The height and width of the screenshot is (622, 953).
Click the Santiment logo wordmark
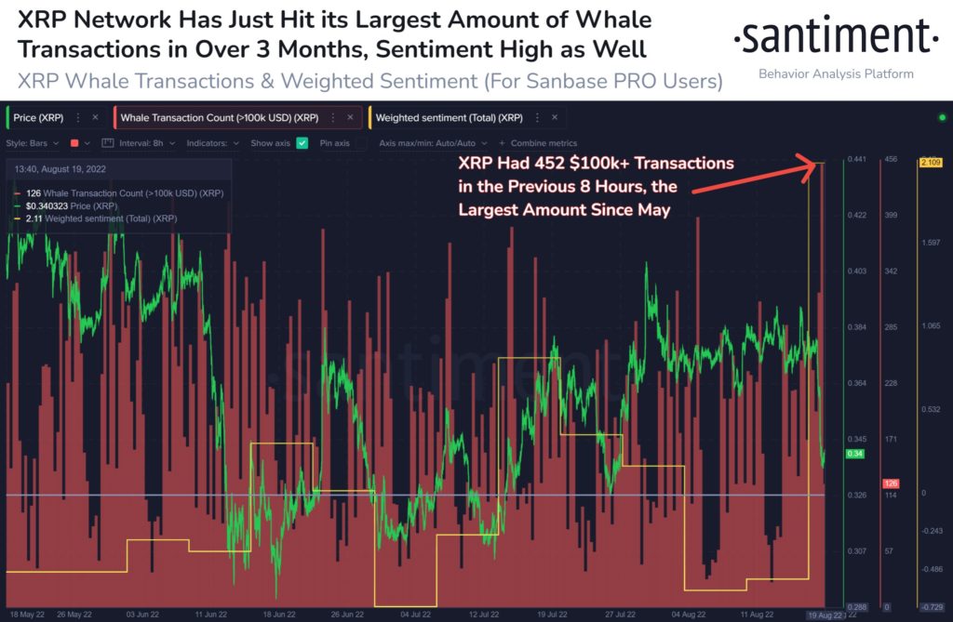tap(835, 37)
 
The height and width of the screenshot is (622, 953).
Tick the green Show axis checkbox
tap(302, 143)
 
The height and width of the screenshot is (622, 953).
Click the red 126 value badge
tap(891, 483)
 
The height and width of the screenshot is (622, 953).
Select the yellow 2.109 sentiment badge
tap(930, 163)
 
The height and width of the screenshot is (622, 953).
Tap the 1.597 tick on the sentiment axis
tap(931, 244)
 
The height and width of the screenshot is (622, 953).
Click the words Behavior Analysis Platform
tap(836, 73)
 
